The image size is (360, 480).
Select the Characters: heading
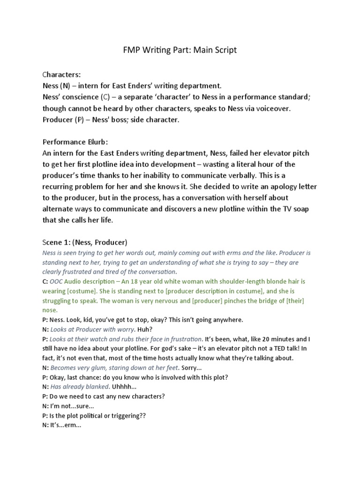pos(61,75)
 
